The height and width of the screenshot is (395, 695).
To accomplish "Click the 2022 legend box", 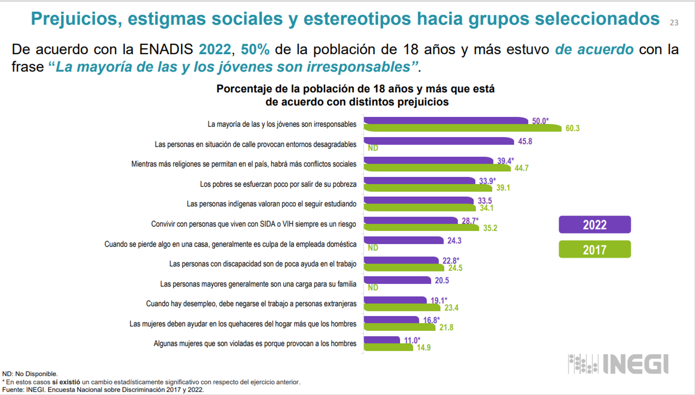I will coord(594,225).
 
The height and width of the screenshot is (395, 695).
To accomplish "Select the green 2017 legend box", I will coord(594,249).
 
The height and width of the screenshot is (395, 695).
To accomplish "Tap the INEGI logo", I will coord(618,364).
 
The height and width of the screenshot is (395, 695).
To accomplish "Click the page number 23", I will coord(674,23).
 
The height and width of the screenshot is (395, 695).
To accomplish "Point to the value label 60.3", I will coord(572,129).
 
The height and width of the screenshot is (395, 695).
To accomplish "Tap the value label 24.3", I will coord(454,241).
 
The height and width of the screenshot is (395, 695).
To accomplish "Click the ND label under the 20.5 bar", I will coord(373,287).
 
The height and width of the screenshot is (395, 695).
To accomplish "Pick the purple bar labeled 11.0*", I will coord(382,340).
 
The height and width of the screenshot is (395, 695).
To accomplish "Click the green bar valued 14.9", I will coord(388,347).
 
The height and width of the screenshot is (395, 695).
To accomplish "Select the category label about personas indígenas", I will coord(271,204).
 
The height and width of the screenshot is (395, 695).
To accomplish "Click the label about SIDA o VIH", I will coord(253,224).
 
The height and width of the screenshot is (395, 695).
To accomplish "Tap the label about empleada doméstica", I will coord(230,244).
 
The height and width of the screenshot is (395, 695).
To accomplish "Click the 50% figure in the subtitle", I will coord(255,50).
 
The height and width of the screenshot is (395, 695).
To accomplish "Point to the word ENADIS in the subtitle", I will coord(166,50).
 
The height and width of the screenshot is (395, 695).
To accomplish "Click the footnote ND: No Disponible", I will coord(30,374).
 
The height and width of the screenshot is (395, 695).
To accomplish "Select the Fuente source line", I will coord(103,390).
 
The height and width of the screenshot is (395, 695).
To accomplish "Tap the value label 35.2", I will coord(490,228).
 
